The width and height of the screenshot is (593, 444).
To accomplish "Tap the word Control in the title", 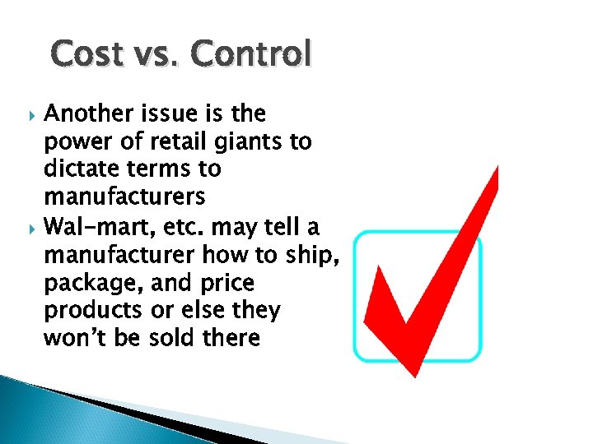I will (x=252, y=54).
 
